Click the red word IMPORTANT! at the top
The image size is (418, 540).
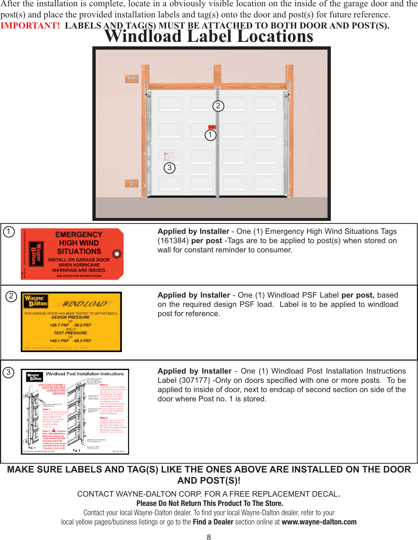(30, 26)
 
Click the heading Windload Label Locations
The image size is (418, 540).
(209, 36)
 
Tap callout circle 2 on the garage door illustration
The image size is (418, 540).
(218, 106)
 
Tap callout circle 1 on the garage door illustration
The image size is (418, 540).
(210, 135)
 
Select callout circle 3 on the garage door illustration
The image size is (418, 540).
(169, 168)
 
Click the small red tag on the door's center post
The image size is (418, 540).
(211, 127)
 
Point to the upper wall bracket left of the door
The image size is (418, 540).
(131, 79)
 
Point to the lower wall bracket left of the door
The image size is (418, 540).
(131, 183)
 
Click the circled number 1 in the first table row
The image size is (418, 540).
(9, 232)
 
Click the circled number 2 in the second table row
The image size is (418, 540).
(11, 296)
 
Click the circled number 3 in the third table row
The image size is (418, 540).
(9, 372)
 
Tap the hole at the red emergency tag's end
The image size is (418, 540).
(117, 254)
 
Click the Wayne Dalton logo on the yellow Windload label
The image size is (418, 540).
(36, 301)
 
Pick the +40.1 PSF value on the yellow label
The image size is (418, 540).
(59, 341)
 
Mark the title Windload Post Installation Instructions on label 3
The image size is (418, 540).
(85, 374)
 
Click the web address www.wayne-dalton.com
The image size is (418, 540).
(319, 522)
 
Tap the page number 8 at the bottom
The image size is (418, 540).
(209, 537)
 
